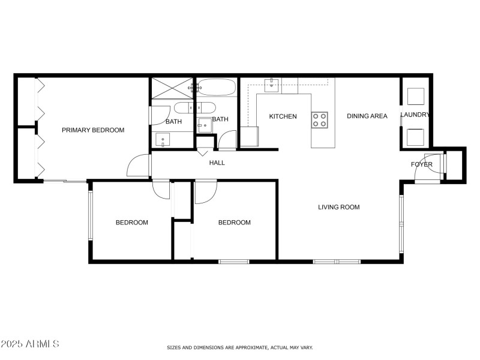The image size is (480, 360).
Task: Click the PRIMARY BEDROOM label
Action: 93,130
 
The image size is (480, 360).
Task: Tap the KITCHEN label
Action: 283,116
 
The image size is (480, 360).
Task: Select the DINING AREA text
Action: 367,116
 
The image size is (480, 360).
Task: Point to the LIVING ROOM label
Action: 338,207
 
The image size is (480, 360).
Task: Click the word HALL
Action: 217,163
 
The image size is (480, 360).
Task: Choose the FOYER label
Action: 421,164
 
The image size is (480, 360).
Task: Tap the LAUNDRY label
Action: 416,115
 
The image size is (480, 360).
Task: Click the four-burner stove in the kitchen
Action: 319,119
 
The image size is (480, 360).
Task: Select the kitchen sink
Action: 273,83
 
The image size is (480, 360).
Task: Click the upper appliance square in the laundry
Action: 416,96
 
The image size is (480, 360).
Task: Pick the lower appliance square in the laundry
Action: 416,137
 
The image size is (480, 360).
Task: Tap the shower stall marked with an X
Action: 172,88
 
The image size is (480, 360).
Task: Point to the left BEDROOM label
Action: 131,223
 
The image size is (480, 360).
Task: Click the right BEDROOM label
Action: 234,223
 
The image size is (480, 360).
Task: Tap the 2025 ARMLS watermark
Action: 30,344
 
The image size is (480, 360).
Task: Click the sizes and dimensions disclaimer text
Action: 239,347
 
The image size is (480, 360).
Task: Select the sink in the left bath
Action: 163,140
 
